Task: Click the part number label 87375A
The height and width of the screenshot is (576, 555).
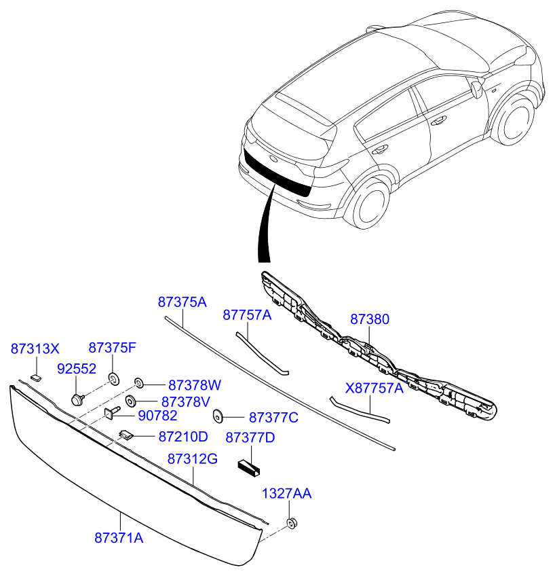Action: [x=182, y=302]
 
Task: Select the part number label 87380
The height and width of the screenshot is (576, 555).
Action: [x=370, y=319]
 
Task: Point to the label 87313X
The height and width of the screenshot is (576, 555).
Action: [x=35, y=349]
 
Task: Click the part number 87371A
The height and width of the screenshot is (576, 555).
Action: [x=119, y=537]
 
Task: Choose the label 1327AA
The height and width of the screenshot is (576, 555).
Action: [x=287, y=494]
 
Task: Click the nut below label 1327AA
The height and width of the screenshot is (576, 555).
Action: [x=292, y=523]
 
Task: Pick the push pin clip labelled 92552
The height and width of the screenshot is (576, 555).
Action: [x=77, y=397]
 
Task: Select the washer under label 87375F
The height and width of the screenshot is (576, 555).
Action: [x=113, y=377]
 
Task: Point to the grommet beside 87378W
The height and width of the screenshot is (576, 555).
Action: [x=139, y=383]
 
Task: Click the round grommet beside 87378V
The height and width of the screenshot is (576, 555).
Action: [x=130, y=401]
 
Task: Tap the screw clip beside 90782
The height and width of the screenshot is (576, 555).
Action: [x=111, y=412]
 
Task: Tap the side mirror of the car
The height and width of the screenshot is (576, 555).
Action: [x=477, y=88]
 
